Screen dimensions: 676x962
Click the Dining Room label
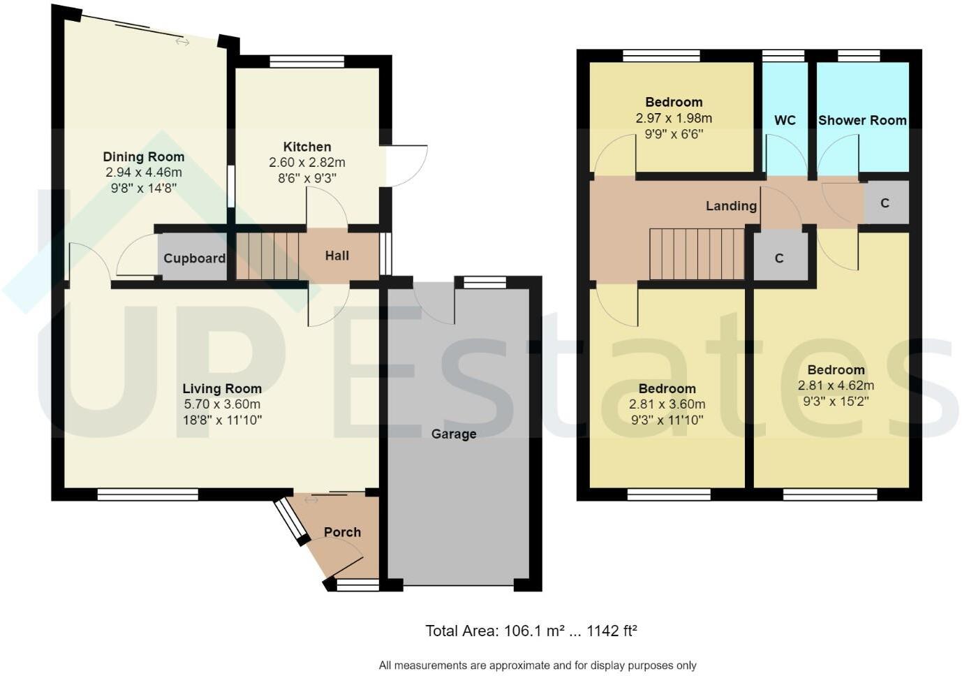click(143, 157)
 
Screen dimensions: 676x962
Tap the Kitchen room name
click(306, 147)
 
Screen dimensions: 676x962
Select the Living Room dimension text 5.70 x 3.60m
click(222, 404)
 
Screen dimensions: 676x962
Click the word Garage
click(454, 434)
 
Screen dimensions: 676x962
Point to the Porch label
click(342, 532)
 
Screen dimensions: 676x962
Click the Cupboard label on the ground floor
click(194, 258)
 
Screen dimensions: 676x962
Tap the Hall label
click(336, 256)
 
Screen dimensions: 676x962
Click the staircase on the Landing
click(697, 254)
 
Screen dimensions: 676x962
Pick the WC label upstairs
click(785, 120)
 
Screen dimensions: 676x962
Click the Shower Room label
click(862, 120)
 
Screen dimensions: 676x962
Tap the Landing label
click(731, 205)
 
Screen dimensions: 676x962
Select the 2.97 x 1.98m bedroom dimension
click(674, 119)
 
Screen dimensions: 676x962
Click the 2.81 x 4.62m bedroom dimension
click(836, 385)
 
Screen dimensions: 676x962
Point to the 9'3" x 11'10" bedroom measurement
click(667, 420)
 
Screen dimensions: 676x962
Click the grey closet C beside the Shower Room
click(885, 203)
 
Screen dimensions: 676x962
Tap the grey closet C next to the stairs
click(779, 258)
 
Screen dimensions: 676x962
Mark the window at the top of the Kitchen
click(306, 61)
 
